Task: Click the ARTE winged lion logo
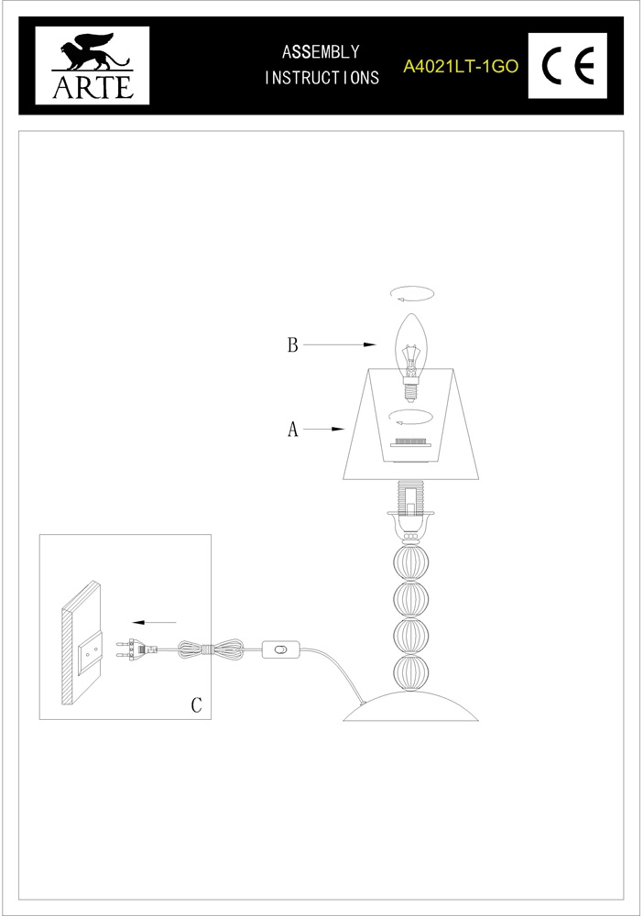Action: click(93, 65)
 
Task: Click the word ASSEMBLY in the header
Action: click(321, 52)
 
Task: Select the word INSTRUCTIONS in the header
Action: click(321, 77)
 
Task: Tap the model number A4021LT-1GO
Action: click(461, 67)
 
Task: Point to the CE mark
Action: click(568, 65)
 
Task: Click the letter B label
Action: click(292, 344)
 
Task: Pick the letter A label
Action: click(292, 430)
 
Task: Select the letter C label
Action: click(196, 705)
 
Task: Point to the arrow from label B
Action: click(339, 344)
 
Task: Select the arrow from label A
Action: click(323, 430)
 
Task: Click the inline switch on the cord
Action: click(280, 649)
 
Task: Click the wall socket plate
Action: click(91, 655)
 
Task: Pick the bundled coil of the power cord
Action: click(211, 649)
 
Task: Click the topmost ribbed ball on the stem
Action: click(411, 562)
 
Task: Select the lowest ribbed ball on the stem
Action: click(411, 673)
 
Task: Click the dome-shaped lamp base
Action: click(411, 706)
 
